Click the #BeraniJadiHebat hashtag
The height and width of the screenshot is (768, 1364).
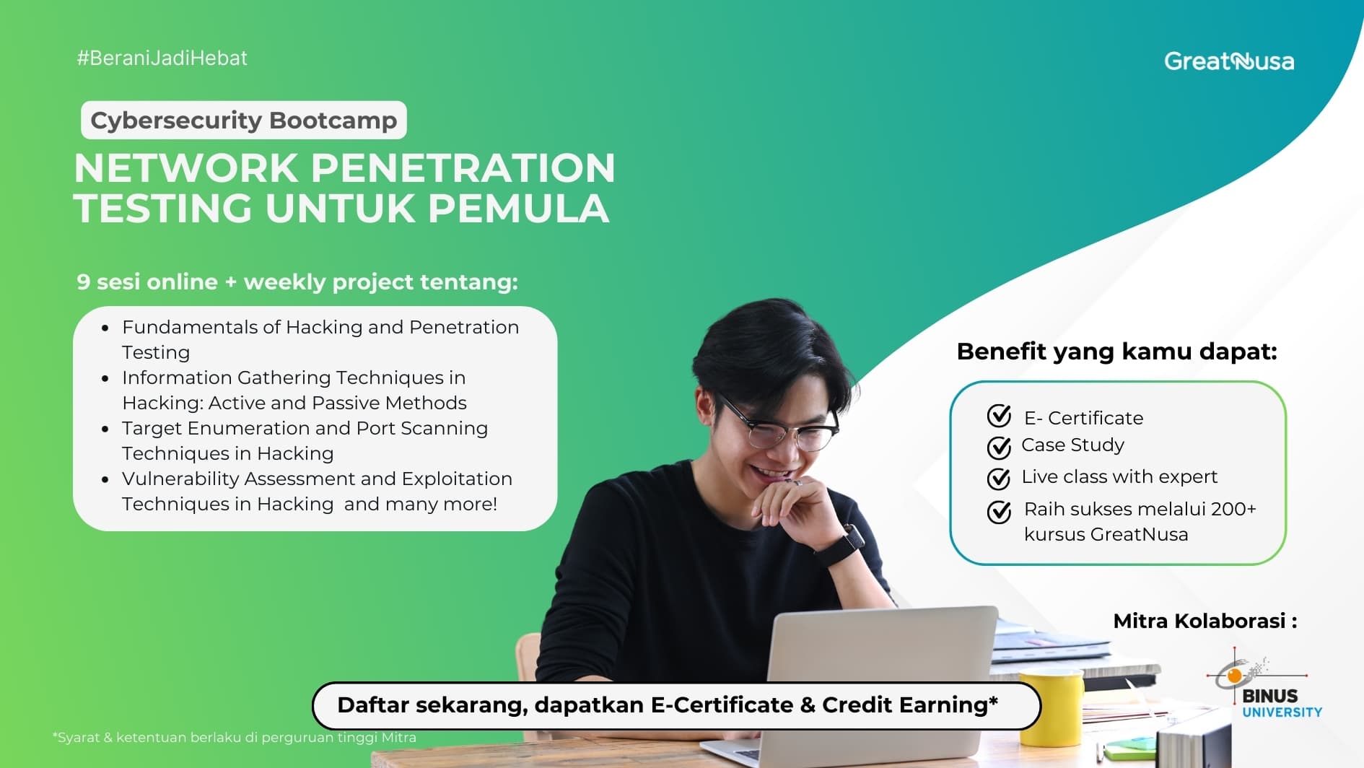point(162,58)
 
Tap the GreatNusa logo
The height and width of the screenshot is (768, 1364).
point(1228,61)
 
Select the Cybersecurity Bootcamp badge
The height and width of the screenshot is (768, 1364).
point(244,120)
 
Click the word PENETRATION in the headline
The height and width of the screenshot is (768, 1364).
point(463,168)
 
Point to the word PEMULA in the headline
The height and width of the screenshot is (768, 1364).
point(518,209)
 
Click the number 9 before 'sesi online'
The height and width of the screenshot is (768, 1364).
point(83,282)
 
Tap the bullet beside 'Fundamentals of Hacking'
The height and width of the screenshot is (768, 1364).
point(106,328)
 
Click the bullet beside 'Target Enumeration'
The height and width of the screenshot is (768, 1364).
point(106,429)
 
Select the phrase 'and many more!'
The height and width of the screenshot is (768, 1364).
point(420,504)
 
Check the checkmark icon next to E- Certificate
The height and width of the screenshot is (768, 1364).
point(999,416)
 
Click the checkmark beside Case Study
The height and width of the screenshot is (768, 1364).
point(999,448)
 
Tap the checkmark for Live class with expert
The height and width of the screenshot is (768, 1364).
point(999,478)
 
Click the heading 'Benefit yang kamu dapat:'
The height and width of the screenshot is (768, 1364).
point(1116,352)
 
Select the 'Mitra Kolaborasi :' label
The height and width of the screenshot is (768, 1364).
point(1205,621)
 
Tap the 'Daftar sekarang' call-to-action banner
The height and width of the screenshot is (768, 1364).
point(676,705)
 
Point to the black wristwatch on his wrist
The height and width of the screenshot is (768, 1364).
point(841,545)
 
